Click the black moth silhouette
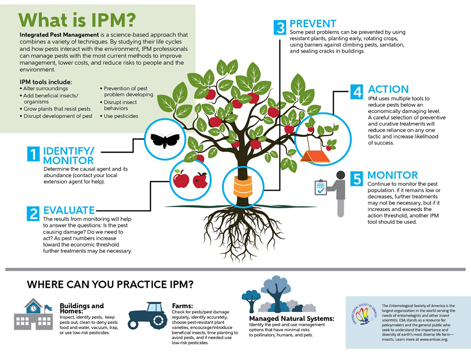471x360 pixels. tap(165, 140)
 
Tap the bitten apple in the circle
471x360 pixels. tap(200, 180)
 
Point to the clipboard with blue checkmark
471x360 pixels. tap(321, 187)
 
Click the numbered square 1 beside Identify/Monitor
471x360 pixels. tap(33, 154)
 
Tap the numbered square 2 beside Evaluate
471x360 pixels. tap(33, 213)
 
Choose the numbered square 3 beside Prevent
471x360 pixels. tap(280, 28)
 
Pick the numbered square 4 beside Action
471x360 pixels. tap(357, 92)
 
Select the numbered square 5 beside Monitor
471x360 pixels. tap(357, 178)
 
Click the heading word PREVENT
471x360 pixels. tap(313, 24)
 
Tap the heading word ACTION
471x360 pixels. tap(388, 89)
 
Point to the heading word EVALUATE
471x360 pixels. tap(69, 210)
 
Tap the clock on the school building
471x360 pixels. tap(33, 308)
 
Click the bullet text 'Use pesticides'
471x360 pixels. tap(121, 116)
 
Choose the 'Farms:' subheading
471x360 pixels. tap(182, 306)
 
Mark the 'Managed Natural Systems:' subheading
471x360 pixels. tap(292, 319)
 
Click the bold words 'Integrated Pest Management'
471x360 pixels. tap(59, 35)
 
